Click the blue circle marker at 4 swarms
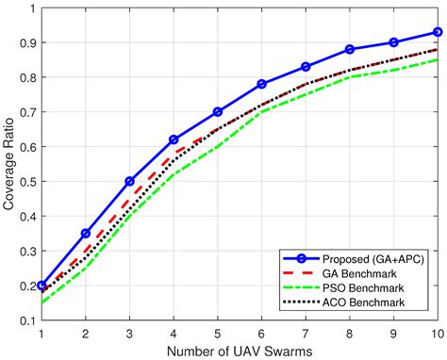click(174, 139)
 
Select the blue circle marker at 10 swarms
click(438, 31)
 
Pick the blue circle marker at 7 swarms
click(306, 67)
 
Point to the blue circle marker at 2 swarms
click(86, 233)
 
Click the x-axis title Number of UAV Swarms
click(240, 350)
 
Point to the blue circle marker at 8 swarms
click(350, 49)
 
